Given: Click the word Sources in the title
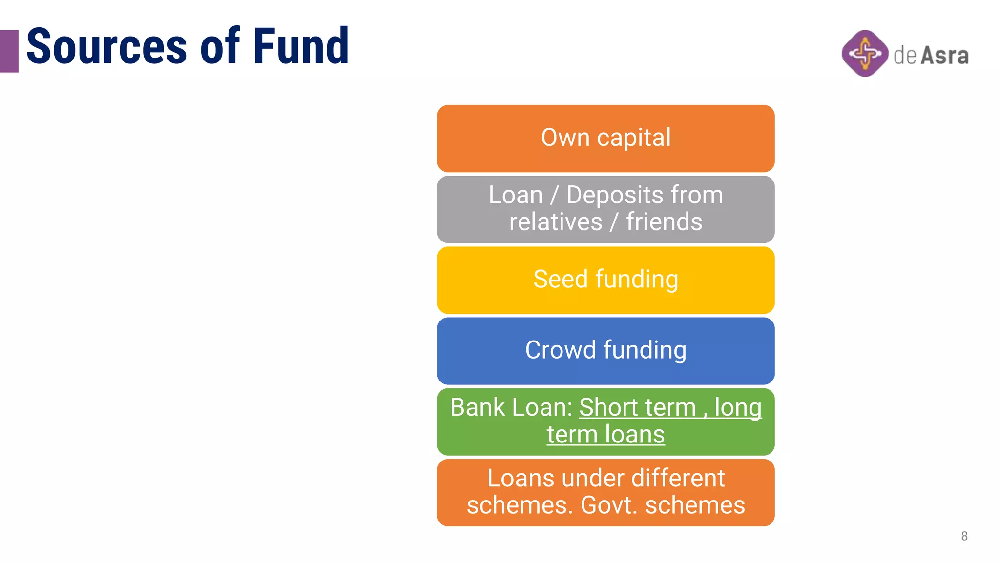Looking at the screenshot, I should pos(106,47).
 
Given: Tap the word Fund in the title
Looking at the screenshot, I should pos(300,47).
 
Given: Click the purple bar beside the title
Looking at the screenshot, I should pos(9,51).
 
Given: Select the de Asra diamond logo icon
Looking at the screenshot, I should pos(865,53).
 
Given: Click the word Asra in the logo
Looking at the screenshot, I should pos(944,56).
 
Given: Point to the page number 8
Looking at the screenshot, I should pos(964,536).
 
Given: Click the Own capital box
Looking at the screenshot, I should pos(605,138).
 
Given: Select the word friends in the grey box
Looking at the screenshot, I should pos(664,222).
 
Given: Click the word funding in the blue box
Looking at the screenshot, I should pos(645,351).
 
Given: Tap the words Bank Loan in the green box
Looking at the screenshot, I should pos(511,407).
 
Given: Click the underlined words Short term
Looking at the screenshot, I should pos(637,407).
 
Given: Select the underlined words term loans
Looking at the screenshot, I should pos(605,434).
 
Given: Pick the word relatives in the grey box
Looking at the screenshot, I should pos(556,222).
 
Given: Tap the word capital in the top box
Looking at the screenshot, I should pos(634,138).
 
